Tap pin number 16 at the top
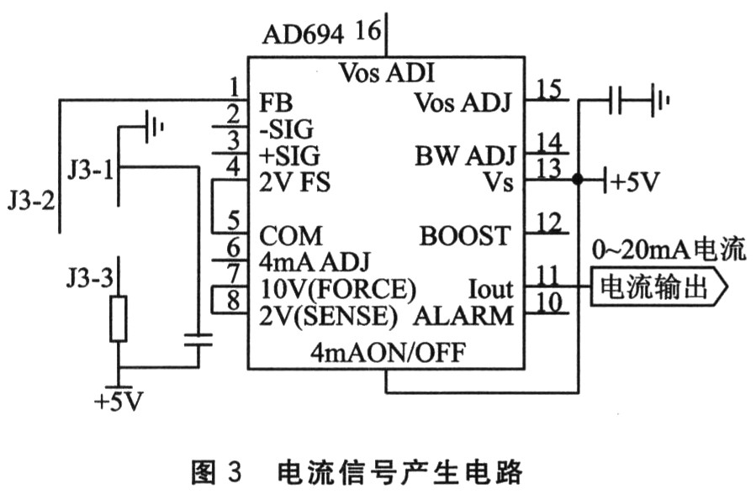(367, 33)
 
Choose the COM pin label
(291, 234)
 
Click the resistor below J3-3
(118, 318)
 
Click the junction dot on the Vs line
(577, 180)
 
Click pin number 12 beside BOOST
(549, 223)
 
